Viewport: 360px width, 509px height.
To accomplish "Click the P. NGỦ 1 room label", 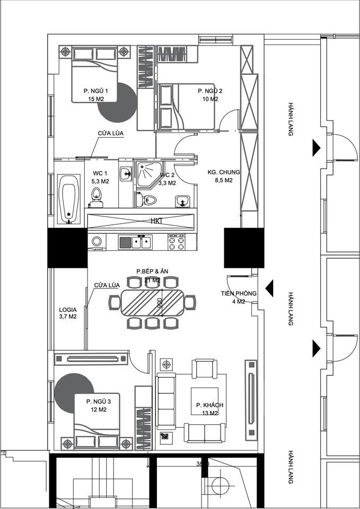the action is tap(95, 91).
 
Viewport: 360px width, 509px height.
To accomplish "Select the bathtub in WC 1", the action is tap(69, 199).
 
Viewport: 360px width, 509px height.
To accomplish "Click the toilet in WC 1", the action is tap(96, 197).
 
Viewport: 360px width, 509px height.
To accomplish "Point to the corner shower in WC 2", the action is tap(148, 174).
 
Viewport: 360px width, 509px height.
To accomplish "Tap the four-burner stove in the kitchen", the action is tap(176, 242).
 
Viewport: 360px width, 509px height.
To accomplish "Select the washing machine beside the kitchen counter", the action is tap(96, 242).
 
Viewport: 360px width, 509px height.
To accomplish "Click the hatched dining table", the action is tap(152, 303).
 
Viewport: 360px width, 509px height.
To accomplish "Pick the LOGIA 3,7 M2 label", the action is tap(68, 313).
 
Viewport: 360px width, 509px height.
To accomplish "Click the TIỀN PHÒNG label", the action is tap(239, 293).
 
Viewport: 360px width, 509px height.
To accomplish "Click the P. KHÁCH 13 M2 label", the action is tap(209, 409).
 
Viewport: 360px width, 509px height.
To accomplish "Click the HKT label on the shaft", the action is tap(156, 221).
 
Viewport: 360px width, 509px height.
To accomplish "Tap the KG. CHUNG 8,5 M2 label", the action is tap(224, 176).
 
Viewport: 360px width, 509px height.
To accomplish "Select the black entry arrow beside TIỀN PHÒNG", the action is tap(269, 288).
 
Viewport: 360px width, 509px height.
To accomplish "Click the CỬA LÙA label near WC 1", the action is tap(111, 134).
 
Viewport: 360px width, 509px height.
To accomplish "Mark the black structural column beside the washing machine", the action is tap(67, 248).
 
